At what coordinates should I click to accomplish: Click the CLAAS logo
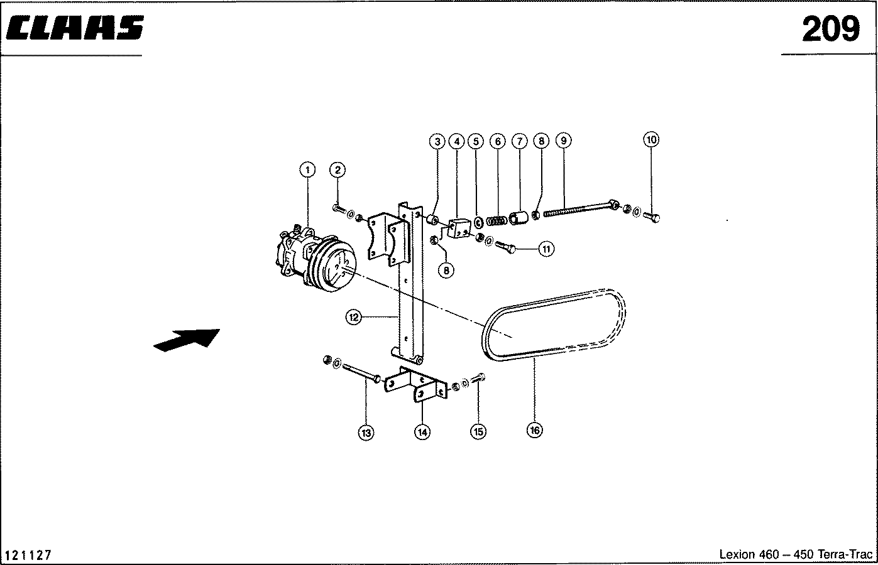coord(75,28)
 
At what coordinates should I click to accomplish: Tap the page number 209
coord(831,29)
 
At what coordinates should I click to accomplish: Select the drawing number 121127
coord(28,555)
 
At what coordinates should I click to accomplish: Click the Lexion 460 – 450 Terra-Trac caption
coord(796,554)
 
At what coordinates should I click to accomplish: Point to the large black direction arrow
coord(187,340)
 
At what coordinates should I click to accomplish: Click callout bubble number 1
coord(308,170)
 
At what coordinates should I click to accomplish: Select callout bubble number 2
coord(337,170)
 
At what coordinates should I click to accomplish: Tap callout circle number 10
coord(651,140)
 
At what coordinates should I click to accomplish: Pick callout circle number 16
coord(535,430)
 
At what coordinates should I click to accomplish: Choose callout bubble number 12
coord(354,317)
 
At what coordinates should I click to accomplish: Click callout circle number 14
coord(422,433)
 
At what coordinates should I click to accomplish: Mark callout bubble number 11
coord(546,249)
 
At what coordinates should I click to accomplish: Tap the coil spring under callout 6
coord(497,221)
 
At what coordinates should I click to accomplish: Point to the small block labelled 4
coord(459,229)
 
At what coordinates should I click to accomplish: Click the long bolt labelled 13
coord(362,373)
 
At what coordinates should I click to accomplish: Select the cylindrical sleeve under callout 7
coord(519,218)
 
